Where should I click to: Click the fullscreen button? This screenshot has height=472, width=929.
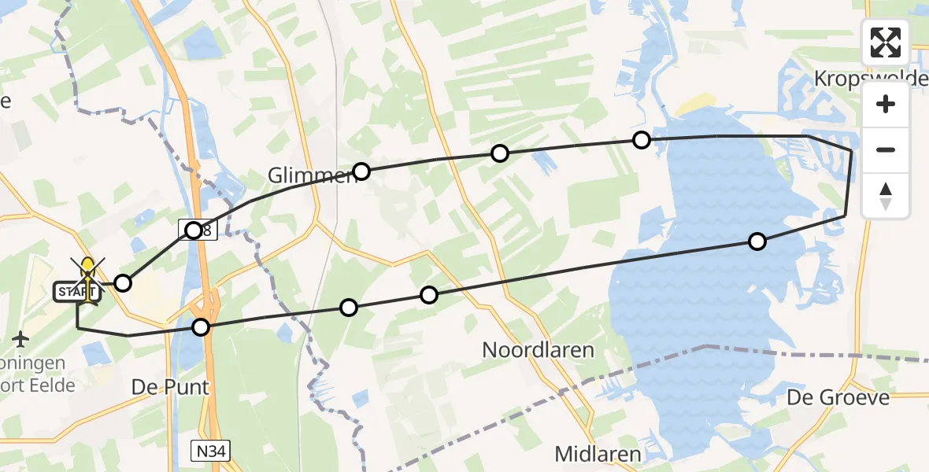[886, 42]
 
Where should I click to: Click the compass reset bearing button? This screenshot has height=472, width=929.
[886, 196]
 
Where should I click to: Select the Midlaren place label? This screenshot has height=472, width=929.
[598, 454]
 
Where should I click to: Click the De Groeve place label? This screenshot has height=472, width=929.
[838, 397]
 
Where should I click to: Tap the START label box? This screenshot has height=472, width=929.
[76, 293]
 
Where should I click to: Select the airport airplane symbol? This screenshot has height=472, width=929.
[20, 339]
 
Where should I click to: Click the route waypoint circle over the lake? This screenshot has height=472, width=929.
[757, 242]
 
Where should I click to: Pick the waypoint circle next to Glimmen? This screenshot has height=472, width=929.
[361, 171]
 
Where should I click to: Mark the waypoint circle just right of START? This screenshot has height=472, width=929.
[123, 282]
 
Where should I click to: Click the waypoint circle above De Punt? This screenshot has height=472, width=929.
[202, 327]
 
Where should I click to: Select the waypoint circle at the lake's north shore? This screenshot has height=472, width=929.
[642, 140]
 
